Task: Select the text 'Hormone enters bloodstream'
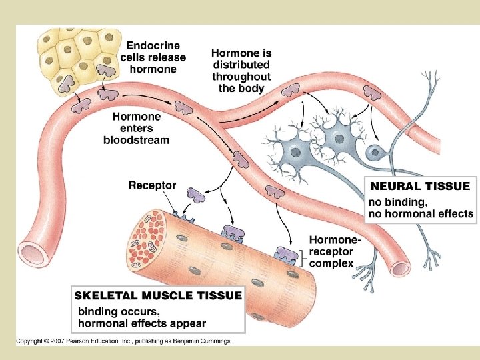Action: (x=136, y=128)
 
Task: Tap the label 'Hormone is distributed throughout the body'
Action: (x=241, y=70)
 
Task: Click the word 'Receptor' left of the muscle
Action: (x=153, y=185)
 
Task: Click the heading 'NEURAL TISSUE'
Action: (x=420, y=186)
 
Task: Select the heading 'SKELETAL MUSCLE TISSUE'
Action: (x=159, y=295)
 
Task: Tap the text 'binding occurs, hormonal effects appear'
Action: (x=142, y=317)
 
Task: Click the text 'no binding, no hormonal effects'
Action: (x=421, y=207)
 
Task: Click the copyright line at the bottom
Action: (x=123, y=341)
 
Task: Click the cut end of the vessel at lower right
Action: (x=400, y=268)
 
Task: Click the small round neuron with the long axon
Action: (x=376, y=152)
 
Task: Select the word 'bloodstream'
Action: (x=136, y=140)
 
